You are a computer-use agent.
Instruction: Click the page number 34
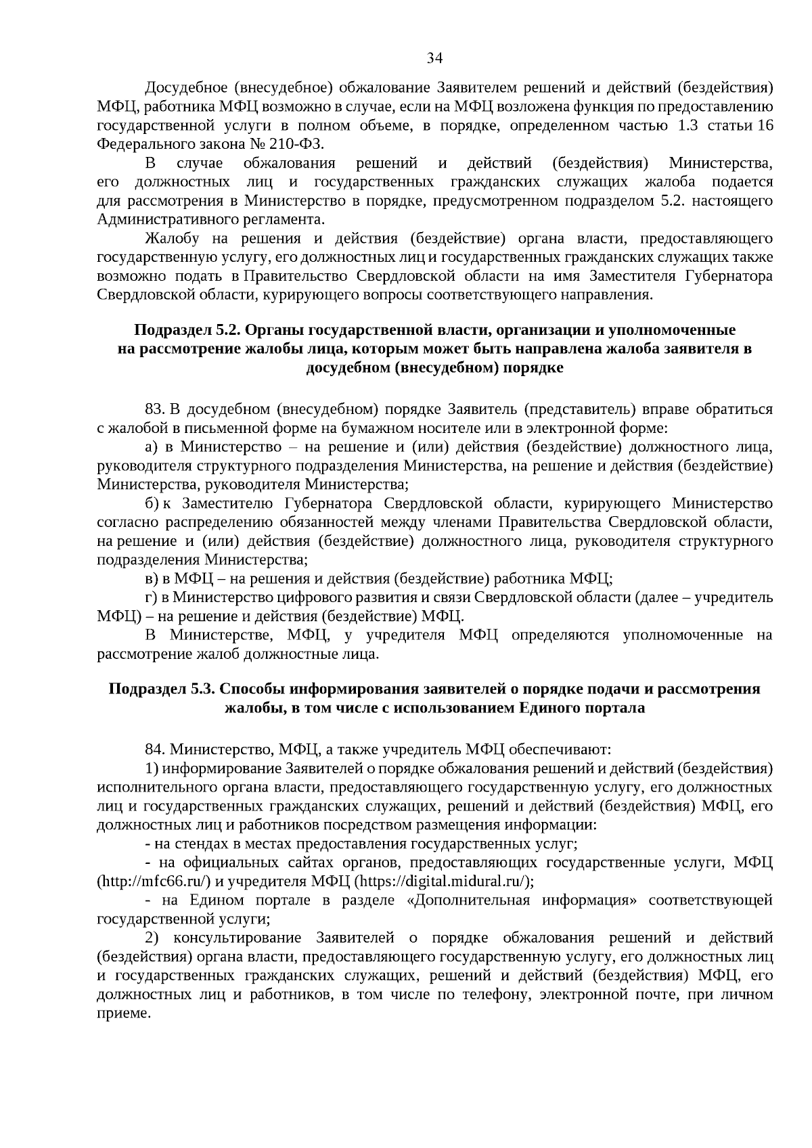[x=434, y=58]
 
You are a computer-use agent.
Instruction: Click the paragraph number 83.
[x=155, y=409]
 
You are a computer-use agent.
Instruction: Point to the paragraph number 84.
[x=155, y=750]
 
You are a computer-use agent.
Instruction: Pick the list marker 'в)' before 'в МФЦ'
[x=152, y=579]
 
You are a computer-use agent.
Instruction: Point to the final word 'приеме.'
[x=122, y=1014]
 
